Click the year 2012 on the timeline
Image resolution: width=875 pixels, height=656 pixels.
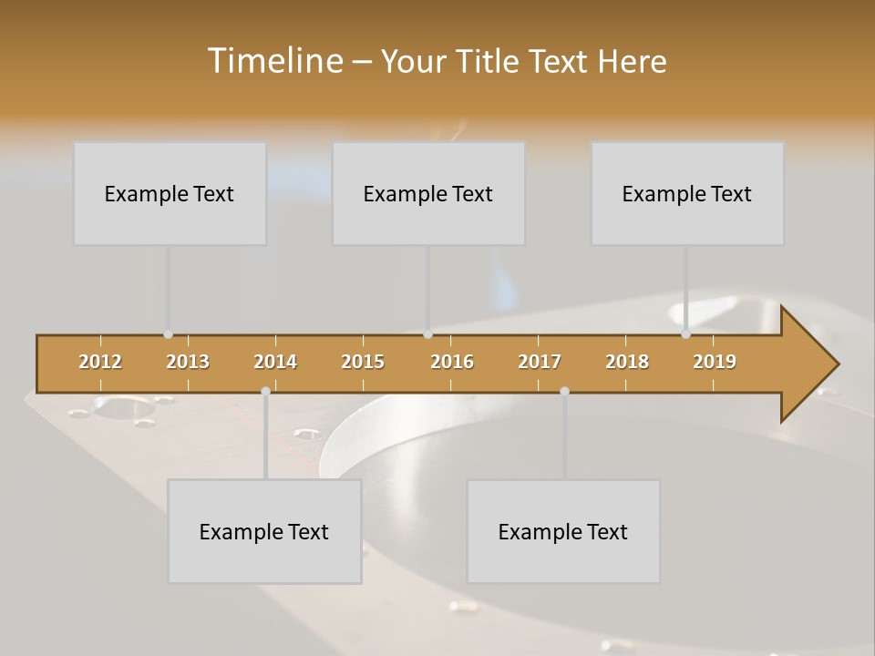(100, 362)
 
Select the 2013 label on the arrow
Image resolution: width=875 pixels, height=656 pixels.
(188, 362)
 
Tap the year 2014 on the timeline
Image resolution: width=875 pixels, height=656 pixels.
(275, 362)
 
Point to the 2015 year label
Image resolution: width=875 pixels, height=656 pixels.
(363, 362)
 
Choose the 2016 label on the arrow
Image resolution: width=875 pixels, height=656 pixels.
(452, 362)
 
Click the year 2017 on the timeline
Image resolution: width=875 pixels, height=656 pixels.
(540, 362)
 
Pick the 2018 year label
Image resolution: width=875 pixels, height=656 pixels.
(627, 362)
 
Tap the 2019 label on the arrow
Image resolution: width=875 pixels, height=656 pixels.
(715, 362)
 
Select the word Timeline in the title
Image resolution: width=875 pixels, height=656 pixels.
(273, 61)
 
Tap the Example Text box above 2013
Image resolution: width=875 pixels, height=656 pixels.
(170, 193)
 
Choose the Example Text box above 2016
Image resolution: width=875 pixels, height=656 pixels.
(428, 193)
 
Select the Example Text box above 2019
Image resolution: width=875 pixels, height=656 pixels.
(687, 193)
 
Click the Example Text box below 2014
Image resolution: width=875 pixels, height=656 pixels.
(264, 531)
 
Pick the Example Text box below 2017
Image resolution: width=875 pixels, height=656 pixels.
(563, 531)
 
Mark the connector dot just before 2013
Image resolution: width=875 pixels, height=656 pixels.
(168, 334)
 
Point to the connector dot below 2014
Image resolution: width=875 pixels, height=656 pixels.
(265, 391)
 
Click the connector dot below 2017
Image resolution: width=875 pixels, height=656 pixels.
(564, 391)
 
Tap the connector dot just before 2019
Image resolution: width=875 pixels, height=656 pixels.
(685, 334)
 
